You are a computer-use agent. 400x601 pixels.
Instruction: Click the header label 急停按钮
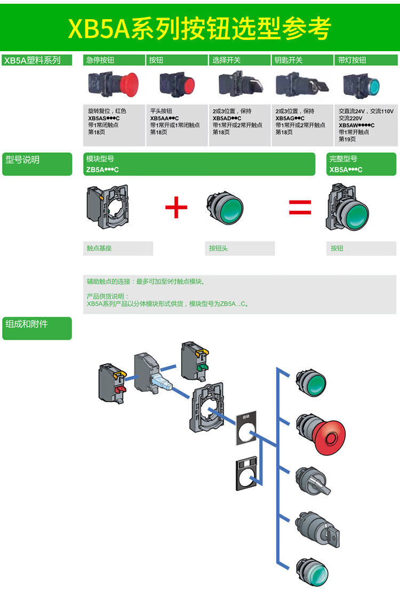click(100, 60)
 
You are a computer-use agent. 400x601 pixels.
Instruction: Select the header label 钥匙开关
click(288, 60)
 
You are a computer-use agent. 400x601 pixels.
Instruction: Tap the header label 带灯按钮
click(352, 60)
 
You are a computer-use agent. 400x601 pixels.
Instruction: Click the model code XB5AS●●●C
click(103, 118)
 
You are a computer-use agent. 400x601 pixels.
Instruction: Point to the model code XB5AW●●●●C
click(356, 125)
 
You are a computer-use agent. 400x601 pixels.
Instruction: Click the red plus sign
click(176, 207)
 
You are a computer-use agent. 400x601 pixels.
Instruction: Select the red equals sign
click(300, 207)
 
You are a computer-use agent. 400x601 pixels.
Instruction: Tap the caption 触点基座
click(99, 249)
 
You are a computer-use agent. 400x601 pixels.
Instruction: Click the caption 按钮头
click(218, 249)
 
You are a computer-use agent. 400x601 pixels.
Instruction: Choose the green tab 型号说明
click(22, 159)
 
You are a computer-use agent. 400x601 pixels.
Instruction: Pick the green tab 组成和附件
click(26, 324)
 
